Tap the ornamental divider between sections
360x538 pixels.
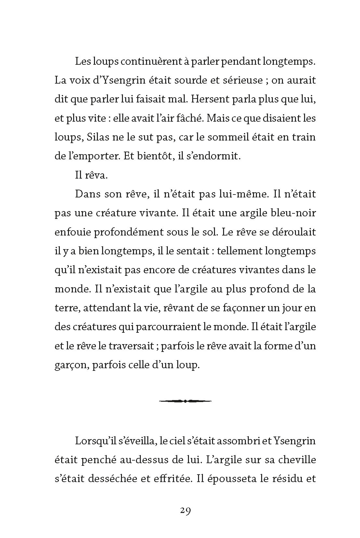point(185,401)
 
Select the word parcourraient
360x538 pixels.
point(168,326)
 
